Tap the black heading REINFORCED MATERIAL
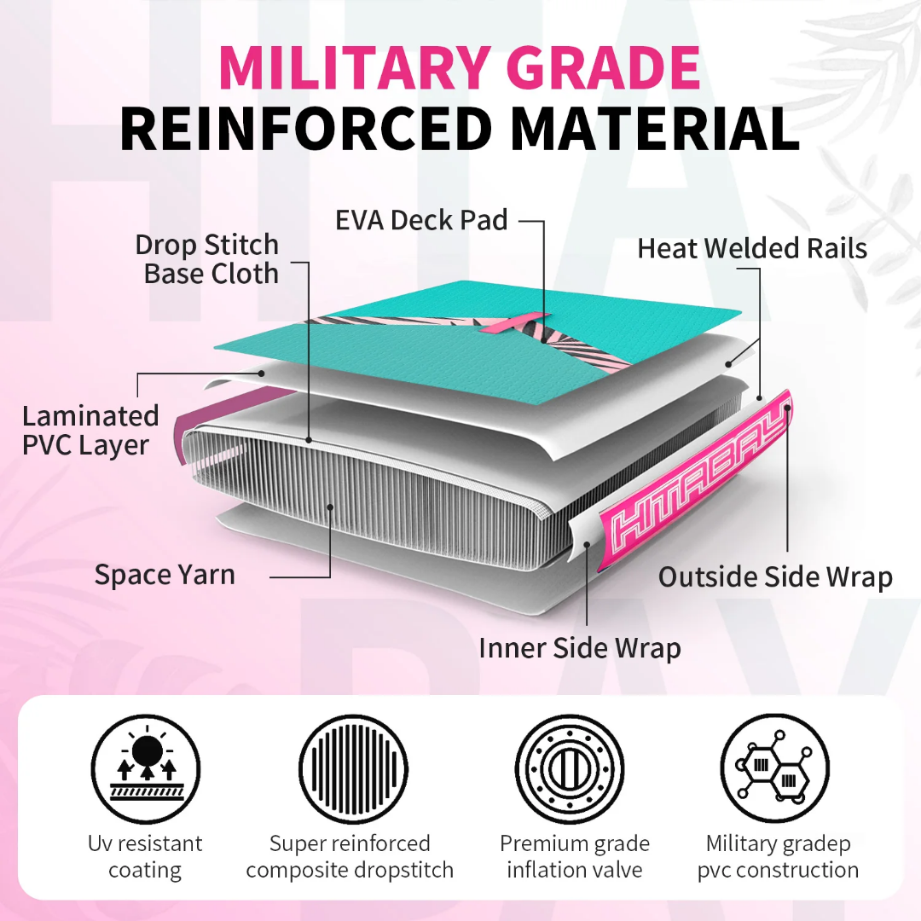[x=460, y=130]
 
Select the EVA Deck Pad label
[x=421, y=220]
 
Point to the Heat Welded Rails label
[x=752, y=248]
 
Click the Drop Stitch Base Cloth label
[x=206, y=259]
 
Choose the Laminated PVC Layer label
[x=90, y=431]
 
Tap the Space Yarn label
[x=165, y=575]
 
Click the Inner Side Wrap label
[x=580, y=648]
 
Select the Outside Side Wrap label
[x=775, y=576]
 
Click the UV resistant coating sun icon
[x=146, y=769]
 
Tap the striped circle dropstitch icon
[x=354, y=769]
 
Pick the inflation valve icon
[x=570, y=769]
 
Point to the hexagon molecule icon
[x=774, y=769]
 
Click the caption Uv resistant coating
[x=145, y=857]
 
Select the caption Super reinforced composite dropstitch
[x=350, y=857]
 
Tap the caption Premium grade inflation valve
[x=575, y=857]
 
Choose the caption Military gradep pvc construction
[x=778, y=857]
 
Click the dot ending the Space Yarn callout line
[x=331, y=507]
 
